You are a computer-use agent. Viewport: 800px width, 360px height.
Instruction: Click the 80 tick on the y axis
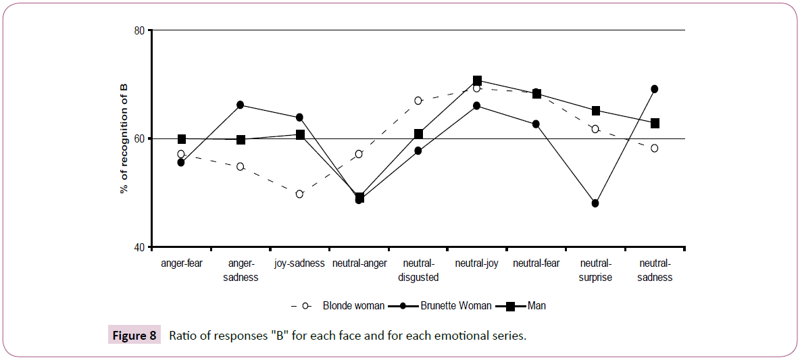click(x=141, y=30)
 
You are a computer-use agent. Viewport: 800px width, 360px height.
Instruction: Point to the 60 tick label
click(x=141, y=138)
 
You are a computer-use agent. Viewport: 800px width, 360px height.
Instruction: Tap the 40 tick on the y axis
click(x=141, y=247)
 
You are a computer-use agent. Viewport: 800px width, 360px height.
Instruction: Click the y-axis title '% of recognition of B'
click(x=124, y=138)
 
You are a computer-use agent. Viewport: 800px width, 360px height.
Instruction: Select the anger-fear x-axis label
click(x=181, y=263)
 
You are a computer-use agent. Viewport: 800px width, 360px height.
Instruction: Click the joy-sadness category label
click(x=299, y=263)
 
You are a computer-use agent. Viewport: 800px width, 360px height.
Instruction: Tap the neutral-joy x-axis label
click(x=477, y=263)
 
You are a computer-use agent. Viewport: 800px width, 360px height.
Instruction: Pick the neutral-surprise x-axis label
click(x=595, y=270)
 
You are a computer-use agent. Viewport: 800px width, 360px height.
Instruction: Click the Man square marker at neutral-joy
click(x=477, y=81)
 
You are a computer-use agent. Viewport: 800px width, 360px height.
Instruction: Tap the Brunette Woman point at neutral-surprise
click(x=595, y=203)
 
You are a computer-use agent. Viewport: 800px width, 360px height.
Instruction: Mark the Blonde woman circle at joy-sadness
click(x=299, y=194)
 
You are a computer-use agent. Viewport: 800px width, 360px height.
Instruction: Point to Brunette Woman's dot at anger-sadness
click(x=241, y=105)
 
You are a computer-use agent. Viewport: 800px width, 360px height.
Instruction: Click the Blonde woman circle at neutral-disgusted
click(x=418, y=101)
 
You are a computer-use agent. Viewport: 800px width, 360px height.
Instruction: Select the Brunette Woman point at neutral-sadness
click(x=655, y=89)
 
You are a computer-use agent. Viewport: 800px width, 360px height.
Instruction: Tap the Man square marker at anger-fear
click(x=181, y=139)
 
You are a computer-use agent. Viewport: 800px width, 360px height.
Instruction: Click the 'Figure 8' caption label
click(x=134, y=336)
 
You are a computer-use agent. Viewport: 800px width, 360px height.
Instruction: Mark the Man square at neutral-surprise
click(x=595, y=111)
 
